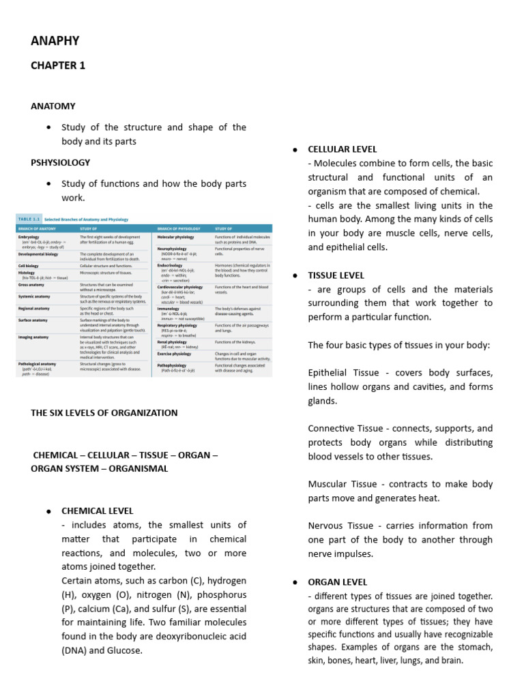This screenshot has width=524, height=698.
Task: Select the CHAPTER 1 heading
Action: [58, 65]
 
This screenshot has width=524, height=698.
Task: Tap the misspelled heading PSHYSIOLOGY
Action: [60, 163]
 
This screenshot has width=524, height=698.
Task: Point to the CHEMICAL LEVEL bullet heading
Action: [98, 511]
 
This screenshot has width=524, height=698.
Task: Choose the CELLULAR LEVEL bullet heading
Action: [343, 149]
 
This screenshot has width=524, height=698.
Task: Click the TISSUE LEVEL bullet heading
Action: [336, 275]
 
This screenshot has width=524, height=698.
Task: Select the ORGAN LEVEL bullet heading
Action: [338, 582]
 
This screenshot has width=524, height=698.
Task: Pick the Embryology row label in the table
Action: [32, 237]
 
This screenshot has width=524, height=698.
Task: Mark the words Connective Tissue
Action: [343, 429]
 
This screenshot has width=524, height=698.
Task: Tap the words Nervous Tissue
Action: [338, 526]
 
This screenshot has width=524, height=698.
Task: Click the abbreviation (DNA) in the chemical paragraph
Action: [74, 650]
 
